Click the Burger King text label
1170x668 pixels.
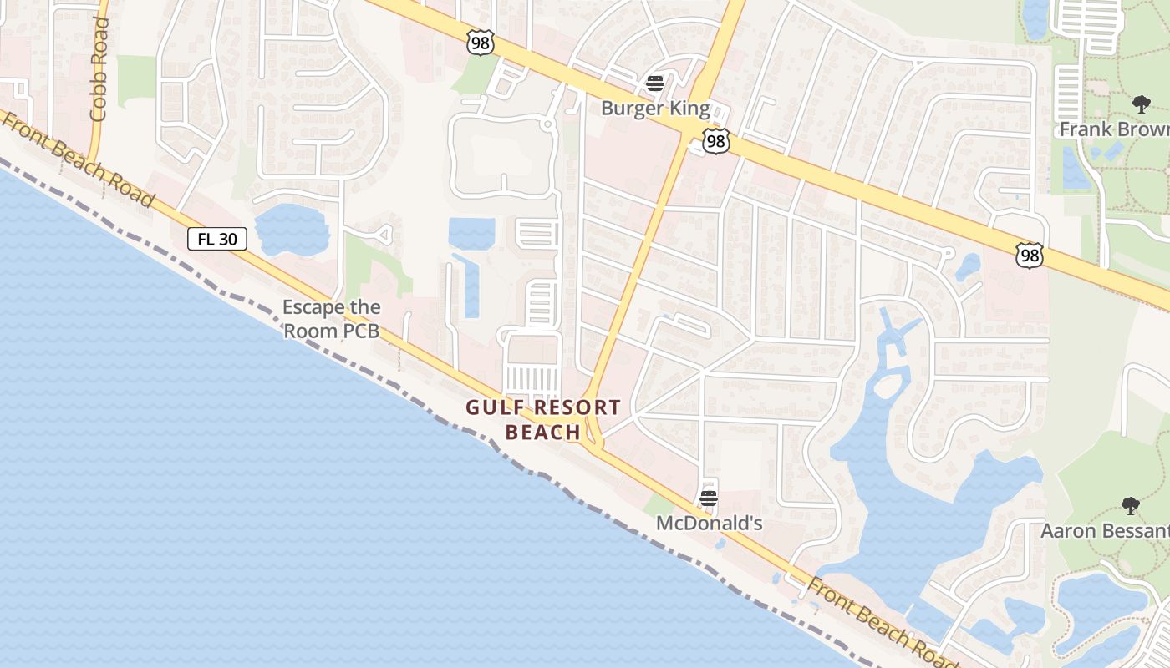point(655,109)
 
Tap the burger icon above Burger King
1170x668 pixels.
point(655,83)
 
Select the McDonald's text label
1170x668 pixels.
point(709,524)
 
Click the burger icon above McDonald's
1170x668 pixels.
point(709,499)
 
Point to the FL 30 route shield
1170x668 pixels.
point(217,239)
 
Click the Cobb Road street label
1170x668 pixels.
point(99,68)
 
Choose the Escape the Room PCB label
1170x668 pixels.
point(331,319)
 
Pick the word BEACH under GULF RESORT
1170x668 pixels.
point(543,432)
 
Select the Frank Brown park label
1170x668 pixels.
point(1114,129)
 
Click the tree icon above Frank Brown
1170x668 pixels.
point(1141,104)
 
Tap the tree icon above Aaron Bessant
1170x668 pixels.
point(1130,505)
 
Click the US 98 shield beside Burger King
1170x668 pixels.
point(715,141)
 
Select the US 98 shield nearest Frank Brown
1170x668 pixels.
point(1030,255)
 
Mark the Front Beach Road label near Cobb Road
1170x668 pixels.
point(79,159)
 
